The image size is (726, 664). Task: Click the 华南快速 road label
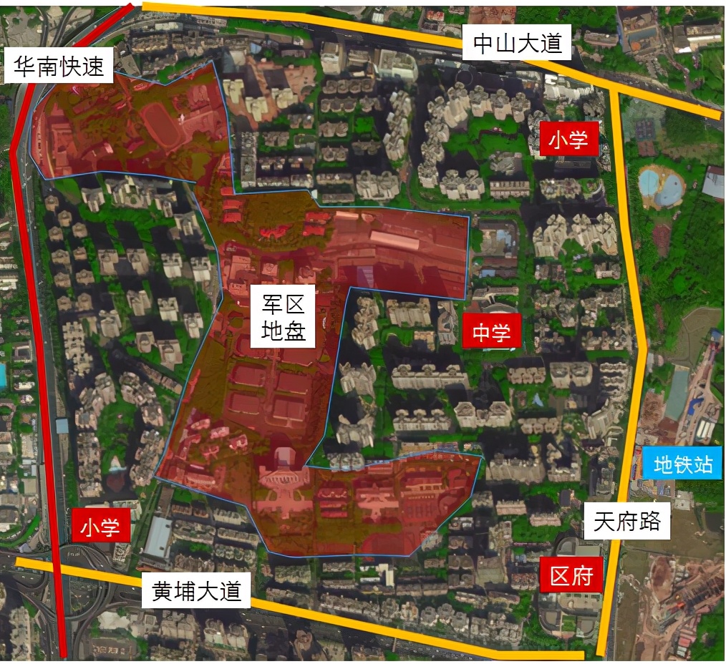[x=59, y=67]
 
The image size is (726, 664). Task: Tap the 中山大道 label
[x=517, y=44]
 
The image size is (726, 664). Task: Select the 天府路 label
[x=627, y=523]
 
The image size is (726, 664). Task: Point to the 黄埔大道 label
[x=197, y=592]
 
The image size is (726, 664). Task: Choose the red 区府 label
[x=571, y=575]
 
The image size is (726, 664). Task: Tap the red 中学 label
[x=491, y=333]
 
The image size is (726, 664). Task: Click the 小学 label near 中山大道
[x=568, y=140]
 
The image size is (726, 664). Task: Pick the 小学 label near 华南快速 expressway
[x=101, y=528]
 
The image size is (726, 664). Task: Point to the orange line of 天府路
[x=633, y=286]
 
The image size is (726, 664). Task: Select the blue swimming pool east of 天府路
[x=660, y=185]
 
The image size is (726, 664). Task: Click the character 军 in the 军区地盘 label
[x=271, y=306]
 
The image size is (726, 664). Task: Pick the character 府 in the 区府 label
[x=583, y=575]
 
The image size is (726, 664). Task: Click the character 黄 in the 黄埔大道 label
[x=163, y=592]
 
